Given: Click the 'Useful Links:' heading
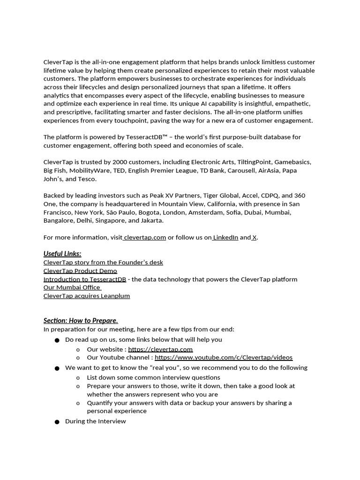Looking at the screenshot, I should point(62,254).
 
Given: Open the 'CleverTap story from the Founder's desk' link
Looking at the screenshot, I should point(103,262).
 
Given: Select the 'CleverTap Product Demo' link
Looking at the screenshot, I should point(80,271).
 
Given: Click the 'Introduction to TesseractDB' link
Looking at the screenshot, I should point(85,279).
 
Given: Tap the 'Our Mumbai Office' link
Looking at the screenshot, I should point(72,287).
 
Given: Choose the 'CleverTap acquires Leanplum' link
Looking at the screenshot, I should point(87,296).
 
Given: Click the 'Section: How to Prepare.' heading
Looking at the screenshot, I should point(81,321).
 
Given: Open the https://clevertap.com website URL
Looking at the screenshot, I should point(160,349).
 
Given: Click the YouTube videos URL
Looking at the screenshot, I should point(223,358).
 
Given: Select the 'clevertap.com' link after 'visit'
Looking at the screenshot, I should point(145,237).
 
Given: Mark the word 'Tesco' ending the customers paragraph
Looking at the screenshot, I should point(87,179).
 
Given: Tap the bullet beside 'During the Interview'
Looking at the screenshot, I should point(57,422).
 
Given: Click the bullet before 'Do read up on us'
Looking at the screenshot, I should point(57,340).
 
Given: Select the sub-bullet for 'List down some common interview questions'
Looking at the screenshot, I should point(78,378).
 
